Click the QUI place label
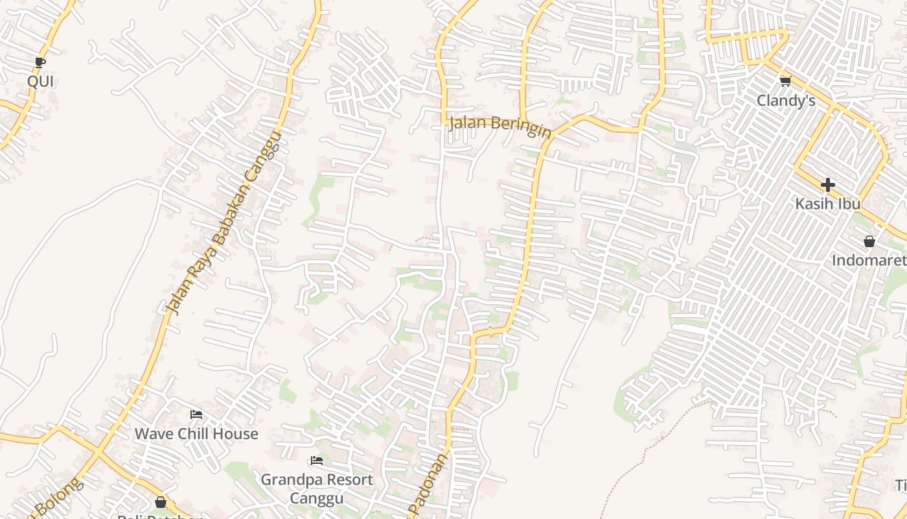pyautogui.click(x=40, y=82)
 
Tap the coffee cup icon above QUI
pyautogui.click(x=40, y=63)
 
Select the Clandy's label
pyautogui.click(x=786, y=101)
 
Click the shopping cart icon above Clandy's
pyautogui.click(x=786, y=81)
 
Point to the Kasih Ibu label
pyautogui.click(x=828, y=204)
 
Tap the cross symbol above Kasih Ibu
pyautogui.click(x=828, y=185)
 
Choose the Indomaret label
pyautogui.click(x=869, y=261)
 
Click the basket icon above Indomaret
pyautogui.click(x=869, y=242)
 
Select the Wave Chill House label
pyautogui.click(x=196, y=433)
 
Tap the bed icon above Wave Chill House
pyautogui.click(x=196, y=415)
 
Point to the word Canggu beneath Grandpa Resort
pyautogui.click(x=317, y=498)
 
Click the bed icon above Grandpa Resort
pyautogui.click(x=317, y=461)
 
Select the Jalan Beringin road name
pyautogui.click(x=500, y=126)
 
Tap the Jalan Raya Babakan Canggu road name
pyautogui.click(x=224, y=223)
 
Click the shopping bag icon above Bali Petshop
pyautogui.click(x=161, y=502)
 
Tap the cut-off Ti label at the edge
pyautogui.click(x=901, y=485)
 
